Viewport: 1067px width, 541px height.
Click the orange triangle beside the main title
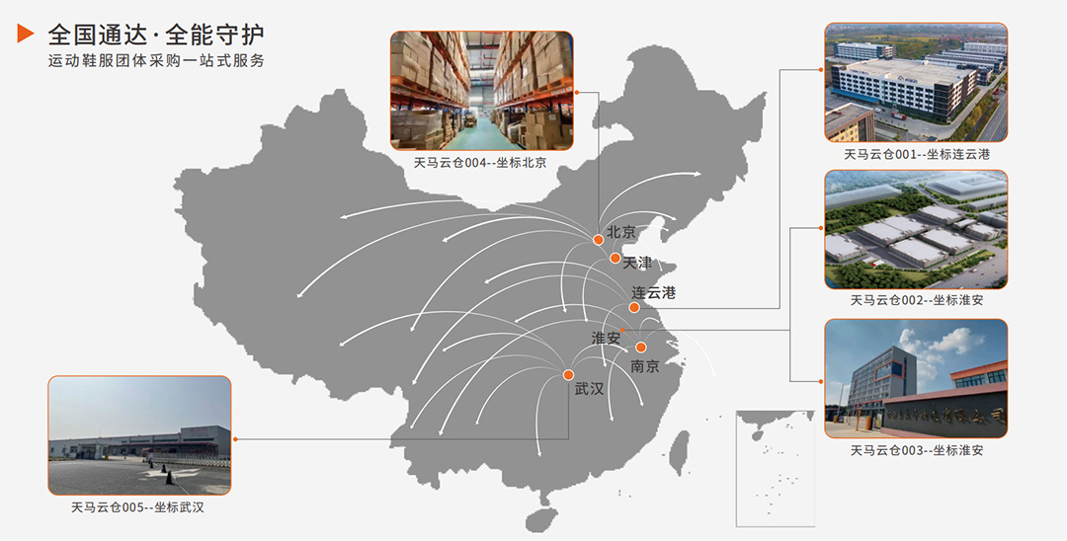(26, 35)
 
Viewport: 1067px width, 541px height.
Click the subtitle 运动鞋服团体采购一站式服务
(156, 61)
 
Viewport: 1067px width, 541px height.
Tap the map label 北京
(621, 232)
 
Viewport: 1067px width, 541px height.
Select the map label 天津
(637, 263)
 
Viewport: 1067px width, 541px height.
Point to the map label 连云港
(654, 292)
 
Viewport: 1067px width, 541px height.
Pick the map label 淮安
(606, 338)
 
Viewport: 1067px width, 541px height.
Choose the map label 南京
(644, 366)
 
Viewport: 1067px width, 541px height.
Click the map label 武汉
(589, 389)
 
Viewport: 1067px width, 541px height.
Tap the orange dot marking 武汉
(568, 374)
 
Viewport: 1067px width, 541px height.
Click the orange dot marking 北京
(598, 240)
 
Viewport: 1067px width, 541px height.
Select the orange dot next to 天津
(615, 259)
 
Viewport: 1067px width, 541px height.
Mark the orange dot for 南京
(640, 348)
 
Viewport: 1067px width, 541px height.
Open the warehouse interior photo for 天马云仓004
(481, 90)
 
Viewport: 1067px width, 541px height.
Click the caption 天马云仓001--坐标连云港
(916, 155)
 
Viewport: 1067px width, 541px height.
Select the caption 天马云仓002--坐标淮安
(916, 300)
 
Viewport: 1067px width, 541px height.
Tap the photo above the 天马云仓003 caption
(916, 378)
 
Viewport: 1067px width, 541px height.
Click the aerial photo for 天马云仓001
(916, 83)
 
